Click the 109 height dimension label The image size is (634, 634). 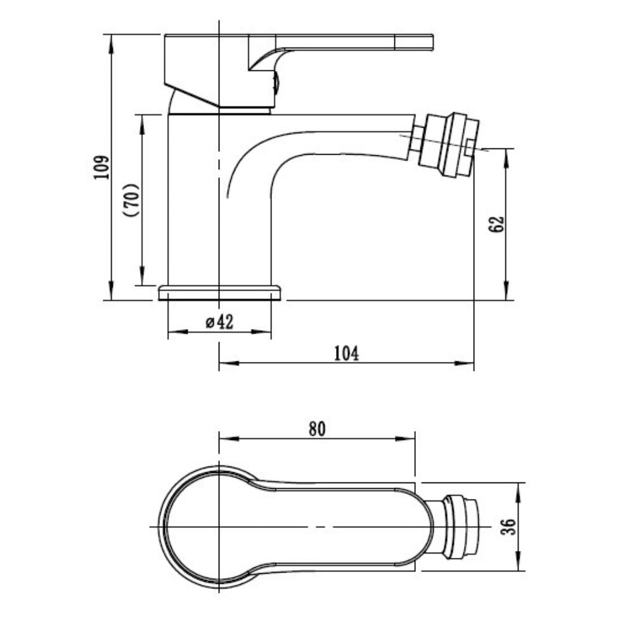coord(101,167)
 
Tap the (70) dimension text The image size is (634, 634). coord(133,200)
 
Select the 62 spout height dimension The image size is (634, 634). coord(496,224)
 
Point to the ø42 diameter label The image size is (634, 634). coord(219,322)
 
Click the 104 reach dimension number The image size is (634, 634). coord(347,353)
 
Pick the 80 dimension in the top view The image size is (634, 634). coord(317,429)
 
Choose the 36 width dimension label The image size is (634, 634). coord(508,526)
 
